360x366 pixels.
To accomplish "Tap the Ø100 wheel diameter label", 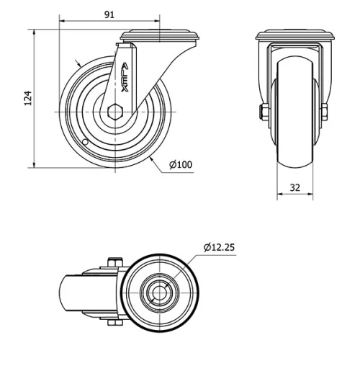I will tap(181, 164).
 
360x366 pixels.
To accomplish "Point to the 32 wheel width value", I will tap(295, 187).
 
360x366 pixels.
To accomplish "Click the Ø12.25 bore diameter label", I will tap(219, 247).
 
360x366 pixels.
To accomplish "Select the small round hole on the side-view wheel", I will tap(84, 143).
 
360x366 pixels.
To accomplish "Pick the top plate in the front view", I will tap(295, 36).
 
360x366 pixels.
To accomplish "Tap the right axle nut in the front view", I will tap(325, 112).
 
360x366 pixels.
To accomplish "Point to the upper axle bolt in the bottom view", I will tap(114, 262).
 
